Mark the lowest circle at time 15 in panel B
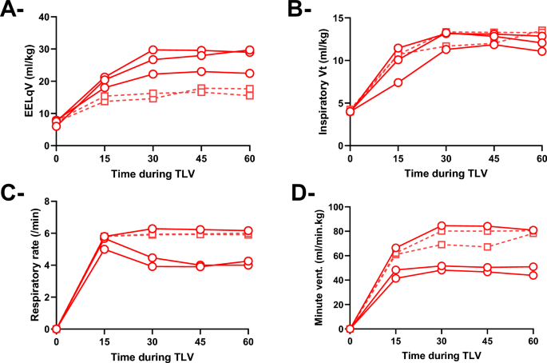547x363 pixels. (x=398, y=82)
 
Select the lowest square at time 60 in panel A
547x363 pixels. (x=250, y=95)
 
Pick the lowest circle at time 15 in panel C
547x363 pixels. (x=104, y=249)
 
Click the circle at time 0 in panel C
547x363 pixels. (x=55, y=329)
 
